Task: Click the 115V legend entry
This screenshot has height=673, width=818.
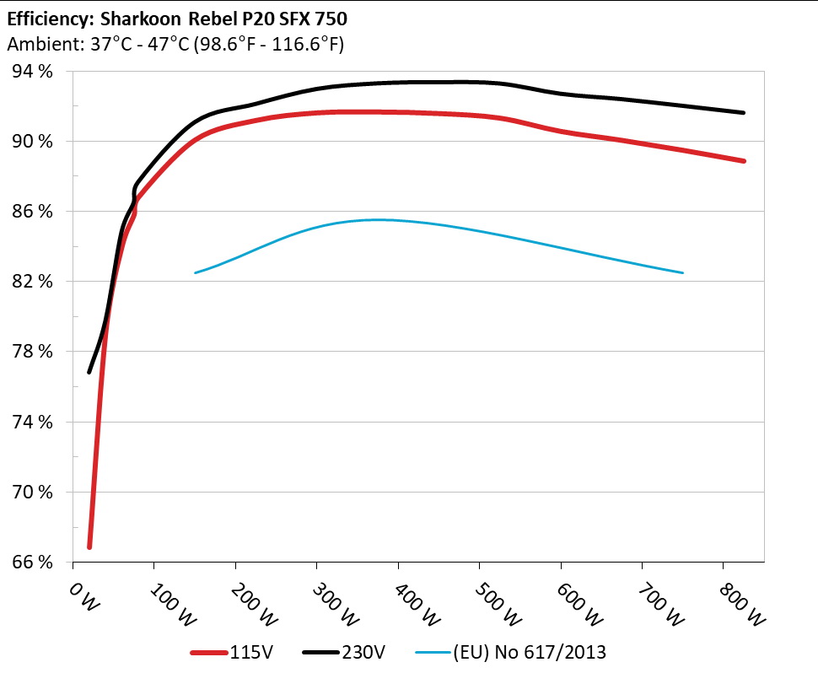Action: [x=246, y=651]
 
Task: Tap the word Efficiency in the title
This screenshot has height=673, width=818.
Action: [x=45, y=19]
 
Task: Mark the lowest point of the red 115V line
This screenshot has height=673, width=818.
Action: [x=89, y=547]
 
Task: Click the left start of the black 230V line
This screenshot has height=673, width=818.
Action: [x=89, y=372]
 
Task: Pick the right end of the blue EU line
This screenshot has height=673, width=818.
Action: [x=682, y=272]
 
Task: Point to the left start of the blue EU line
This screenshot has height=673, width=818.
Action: [x=196, y=272]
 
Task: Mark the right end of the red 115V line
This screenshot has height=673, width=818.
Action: [x=744, y=161]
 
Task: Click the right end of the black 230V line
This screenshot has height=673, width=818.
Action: [x=744, y=112]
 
